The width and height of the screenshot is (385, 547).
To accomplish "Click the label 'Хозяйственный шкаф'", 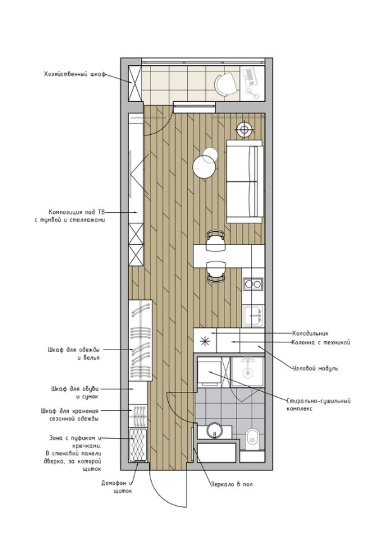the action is point(74,74).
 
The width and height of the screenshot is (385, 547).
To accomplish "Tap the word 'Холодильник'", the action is point(310,334).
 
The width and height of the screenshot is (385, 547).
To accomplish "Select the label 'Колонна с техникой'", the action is point(321,343).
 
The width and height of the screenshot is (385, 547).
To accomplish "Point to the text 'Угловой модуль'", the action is point(315,368).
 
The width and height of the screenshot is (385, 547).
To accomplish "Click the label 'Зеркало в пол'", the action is point(232,484).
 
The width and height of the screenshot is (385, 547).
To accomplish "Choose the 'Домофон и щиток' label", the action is point(118,487).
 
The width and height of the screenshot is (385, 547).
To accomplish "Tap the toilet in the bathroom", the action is point(252,438).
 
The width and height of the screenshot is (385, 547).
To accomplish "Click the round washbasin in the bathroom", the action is point(214,430).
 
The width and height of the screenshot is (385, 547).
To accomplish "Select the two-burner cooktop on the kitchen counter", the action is point(254,284).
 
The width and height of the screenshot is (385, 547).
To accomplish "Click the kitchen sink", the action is point(254,316).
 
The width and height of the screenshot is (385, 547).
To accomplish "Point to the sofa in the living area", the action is point(244,181).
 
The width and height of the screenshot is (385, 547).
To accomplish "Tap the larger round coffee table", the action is point(204,167).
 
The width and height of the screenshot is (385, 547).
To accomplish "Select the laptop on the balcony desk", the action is point(250,77).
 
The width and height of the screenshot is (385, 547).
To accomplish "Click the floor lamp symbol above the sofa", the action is point(244,129).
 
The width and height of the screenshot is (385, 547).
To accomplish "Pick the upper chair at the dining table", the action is point(214,240).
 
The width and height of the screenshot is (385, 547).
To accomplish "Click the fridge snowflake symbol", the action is point(205,341).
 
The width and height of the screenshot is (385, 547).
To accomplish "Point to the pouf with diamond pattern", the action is point(138,445).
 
